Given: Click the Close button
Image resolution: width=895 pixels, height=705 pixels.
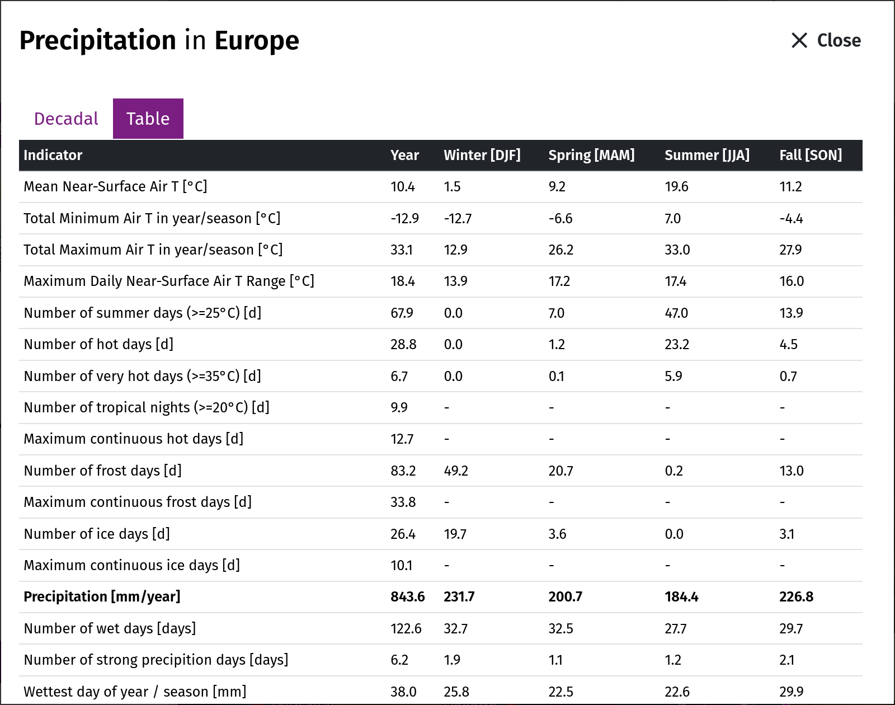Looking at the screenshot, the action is pos(826,40).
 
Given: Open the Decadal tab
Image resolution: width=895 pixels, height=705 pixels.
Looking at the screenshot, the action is pos(66,119).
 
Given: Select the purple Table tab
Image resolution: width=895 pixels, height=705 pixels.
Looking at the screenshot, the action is pos(148,119).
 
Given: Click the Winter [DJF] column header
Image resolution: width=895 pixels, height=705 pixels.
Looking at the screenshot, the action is pos(482,155).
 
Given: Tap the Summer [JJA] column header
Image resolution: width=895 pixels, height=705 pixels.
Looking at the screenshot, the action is pos(707,155).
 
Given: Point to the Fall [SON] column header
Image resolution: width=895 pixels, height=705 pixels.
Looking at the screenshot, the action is pos(811,155).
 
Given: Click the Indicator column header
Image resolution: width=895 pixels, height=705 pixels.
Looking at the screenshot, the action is pos(53,155).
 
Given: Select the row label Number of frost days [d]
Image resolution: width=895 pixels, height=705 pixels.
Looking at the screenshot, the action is pos(103,471).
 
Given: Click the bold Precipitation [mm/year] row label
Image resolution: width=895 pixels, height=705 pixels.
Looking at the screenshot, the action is pos(102,597).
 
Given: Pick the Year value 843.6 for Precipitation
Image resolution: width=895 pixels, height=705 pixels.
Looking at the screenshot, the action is pos(408,597).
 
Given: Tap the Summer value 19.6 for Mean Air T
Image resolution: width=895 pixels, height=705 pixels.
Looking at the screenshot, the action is pos(676,186).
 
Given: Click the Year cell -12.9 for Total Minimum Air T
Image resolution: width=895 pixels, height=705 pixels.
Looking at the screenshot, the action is pos(404,218).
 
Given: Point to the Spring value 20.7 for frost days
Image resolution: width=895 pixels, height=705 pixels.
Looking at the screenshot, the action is pos(560,471).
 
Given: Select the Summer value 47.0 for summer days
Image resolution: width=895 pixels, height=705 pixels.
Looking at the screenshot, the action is pos(676,313).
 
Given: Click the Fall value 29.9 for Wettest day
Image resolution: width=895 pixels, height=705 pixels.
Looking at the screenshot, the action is pos(791,692).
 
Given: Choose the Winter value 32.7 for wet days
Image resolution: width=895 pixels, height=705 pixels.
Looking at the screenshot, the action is pos(455,628).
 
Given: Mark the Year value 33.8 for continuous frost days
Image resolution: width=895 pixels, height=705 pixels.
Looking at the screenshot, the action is pos(403,502).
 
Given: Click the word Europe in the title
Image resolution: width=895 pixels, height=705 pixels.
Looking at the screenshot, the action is pos(257,40).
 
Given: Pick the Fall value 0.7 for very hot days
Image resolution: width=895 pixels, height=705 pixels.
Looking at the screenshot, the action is pos(788,376).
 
